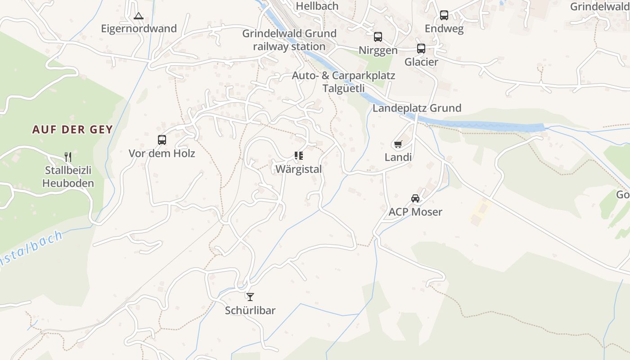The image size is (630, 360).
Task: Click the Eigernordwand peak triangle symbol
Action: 139,16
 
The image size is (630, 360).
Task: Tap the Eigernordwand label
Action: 139,29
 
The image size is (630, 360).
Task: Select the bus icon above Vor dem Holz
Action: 162,140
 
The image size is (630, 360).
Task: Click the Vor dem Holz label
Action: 162,153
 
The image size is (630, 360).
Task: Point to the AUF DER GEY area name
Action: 72,130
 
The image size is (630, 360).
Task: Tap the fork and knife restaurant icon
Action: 68,157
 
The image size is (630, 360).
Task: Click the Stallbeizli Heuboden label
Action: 68,177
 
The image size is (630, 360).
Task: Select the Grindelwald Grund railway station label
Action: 289,40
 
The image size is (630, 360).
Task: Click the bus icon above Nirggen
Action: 378,37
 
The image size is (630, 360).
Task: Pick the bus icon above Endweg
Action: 444,15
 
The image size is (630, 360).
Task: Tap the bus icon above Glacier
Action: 421,49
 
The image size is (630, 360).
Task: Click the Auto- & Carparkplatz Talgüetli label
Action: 343,82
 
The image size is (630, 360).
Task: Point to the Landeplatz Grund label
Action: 417,108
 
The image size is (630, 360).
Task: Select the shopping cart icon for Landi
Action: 398,144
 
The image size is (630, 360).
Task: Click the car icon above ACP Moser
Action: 415,198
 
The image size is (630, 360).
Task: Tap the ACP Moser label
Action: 415,212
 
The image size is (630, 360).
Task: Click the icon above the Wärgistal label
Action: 299,156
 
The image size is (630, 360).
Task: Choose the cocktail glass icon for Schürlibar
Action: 250,297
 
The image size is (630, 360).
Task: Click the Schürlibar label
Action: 250,310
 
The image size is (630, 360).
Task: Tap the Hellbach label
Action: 317,6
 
